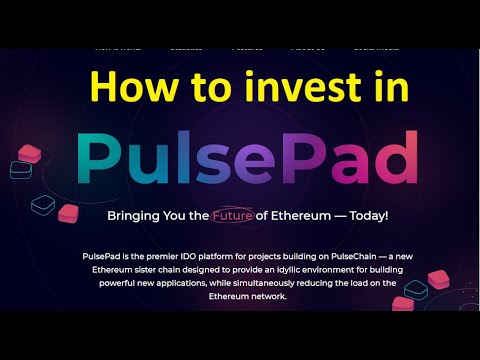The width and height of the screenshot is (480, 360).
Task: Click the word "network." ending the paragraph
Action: click(x=268, y=296)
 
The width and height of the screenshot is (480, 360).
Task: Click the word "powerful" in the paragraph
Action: click(x=113, y=283)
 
